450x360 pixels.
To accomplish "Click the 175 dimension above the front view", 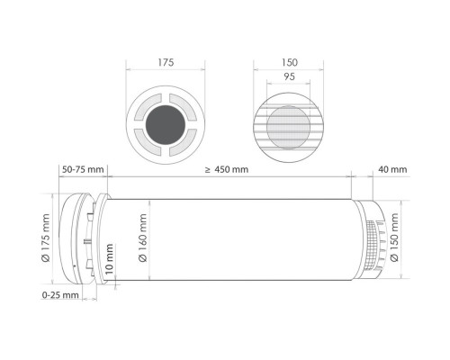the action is (166, 62).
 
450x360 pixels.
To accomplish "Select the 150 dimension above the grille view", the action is (290, 62).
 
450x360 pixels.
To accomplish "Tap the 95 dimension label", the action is (289, 76).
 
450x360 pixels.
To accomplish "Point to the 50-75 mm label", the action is (83, 169).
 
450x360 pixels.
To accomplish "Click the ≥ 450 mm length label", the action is (227, 169).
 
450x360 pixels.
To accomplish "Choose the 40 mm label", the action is (392, 169).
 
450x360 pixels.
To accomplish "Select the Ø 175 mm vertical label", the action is (46, 238).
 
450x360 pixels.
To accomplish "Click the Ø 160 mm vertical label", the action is (143, 238).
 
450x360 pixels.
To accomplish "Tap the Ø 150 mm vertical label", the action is (394, 238).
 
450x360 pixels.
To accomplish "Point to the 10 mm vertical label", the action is (110, 258).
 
